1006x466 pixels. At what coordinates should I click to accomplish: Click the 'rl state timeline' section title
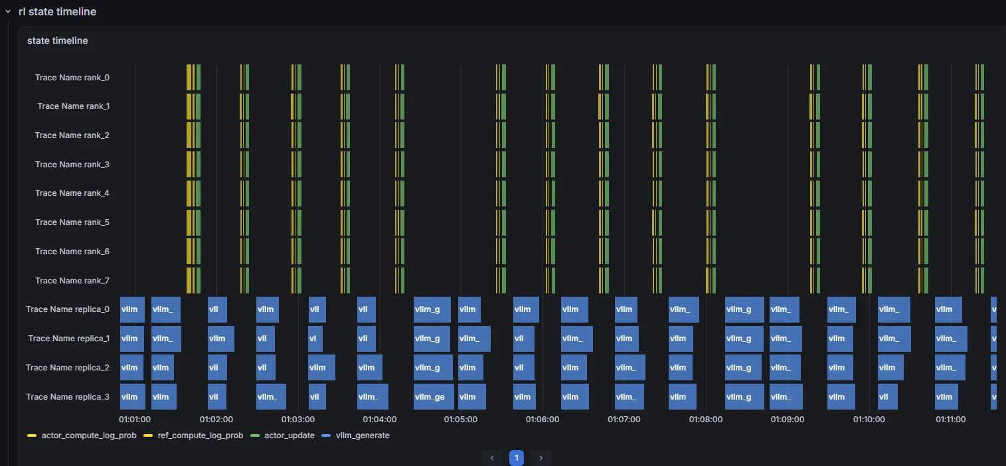58,12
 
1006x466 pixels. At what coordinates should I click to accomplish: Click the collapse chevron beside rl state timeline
8,12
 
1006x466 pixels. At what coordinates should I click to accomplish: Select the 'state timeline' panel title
58,40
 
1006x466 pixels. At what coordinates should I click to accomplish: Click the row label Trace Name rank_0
72,78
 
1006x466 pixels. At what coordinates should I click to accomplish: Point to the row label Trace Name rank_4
72,193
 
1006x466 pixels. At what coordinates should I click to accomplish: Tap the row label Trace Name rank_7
72,281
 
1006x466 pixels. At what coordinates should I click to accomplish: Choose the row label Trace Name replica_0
67,309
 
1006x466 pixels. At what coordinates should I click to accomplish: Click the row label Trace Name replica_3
67,397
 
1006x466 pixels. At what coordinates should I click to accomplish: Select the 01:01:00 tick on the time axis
135,420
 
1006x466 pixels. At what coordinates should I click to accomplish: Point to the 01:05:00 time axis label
461,420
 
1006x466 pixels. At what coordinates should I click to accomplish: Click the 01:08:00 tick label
706,420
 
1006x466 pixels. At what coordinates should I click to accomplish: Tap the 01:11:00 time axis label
951,420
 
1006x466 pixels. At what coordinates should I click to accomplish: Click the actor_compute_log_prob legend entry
82,435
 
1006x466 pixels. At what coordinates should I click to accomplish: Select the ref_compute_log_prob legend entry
193,435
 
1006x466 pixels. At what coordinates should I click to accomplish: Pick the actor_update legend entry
282,435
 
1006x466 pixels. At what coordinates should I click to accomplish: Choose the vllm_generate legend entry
356,435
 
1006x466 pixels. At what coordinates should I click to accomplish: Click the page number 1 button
517,458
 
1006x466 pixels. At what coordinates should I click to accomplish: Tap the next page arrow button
541,458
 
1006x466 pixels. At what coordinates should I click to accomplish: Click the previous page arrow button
492,458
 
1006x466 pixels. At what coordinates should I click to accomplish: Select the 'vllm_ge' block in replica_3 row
434,397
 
